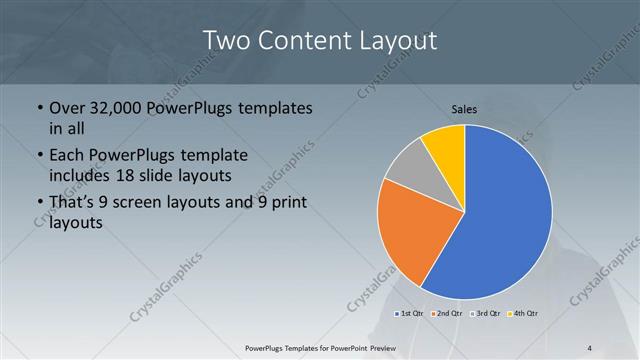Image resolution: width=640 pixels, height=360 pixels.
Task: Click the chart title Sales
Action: (465, 103)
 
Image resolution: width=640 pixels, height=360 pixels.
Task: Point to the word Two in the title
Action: (226, 42)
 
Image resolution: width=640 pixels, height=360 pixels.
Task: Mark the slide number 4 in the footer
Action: (590, 348)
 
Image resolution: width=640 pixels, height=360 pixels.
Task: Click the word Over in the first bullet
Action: (66, 107)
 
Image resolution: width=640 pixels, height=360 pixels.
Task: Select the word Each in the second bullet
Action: (67, 156)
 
